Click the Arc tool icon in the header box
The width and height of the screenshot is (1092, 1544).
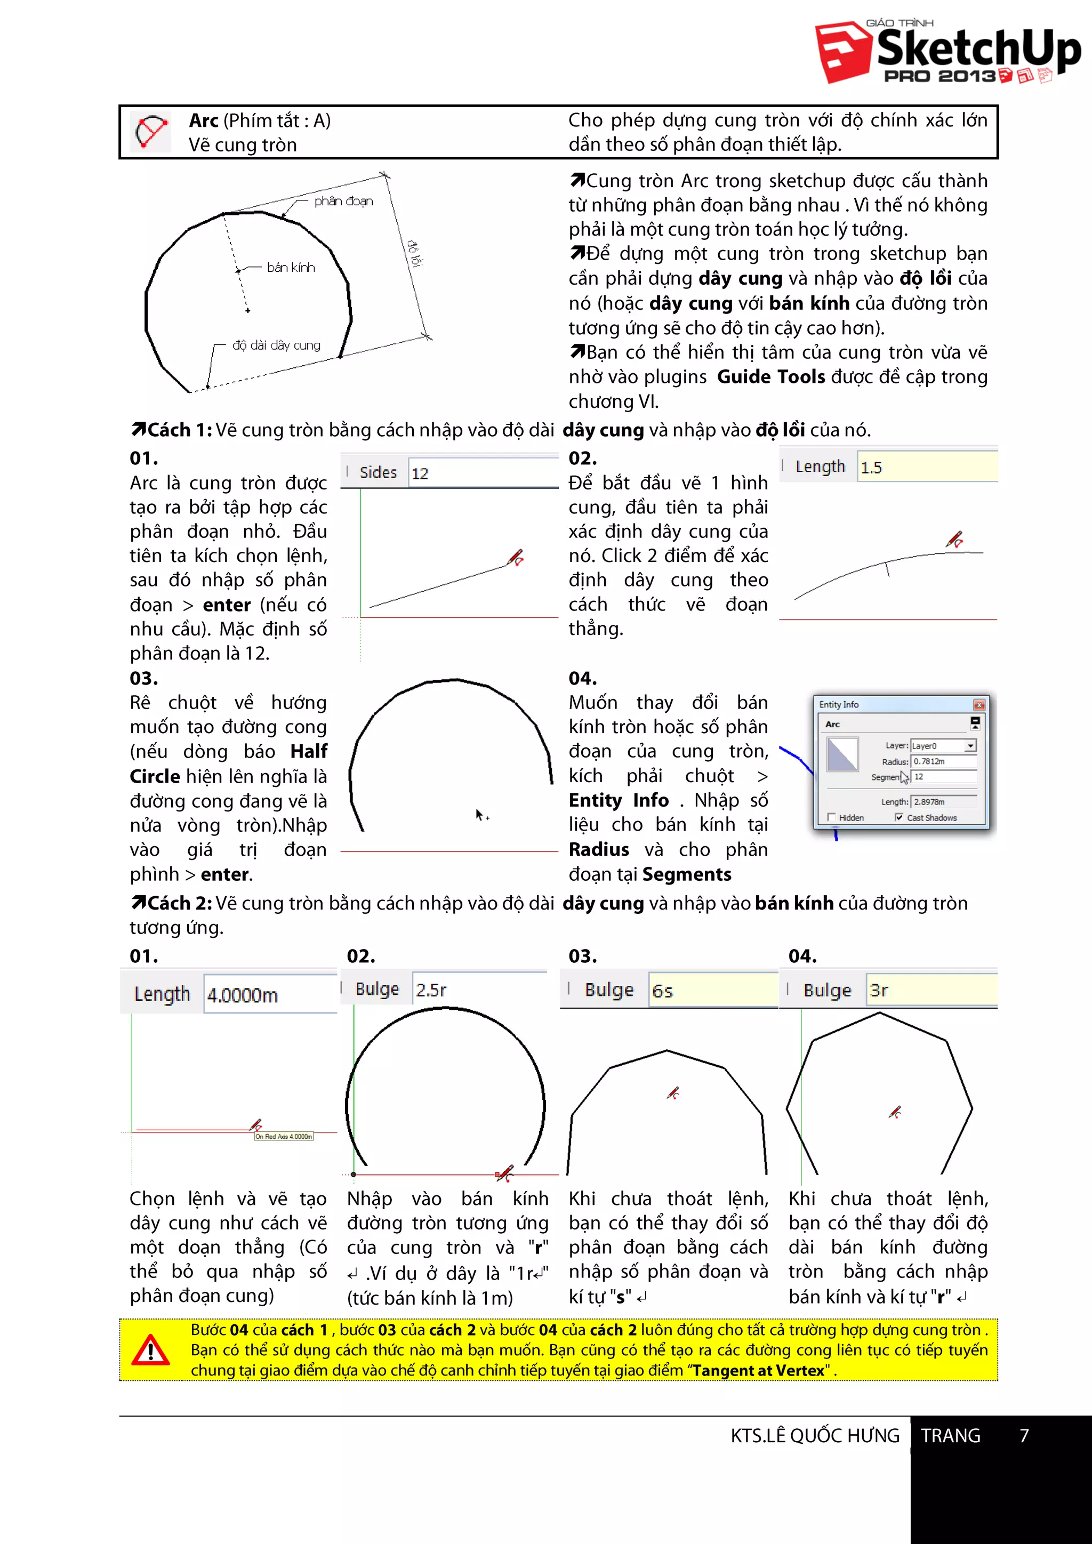pyautogui.click(x=150, y=131)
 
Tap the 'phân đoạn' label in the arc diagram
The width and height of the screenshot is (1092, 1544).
pyautogui.click(x=343, y=201)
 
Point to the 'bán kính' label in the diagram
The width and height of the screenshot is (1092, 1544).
pyautogui.click(x=291, y=268)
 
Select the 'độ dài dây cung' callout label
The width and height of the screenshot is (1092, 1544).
pyautogui.click(x=276, y=345)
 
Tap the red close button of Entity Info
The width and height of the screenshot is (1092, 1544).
pyautogui.click(x=978, y=705)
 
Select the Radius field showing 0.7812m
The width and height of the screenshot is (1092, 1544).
pyautogui.click(x=943, y=761)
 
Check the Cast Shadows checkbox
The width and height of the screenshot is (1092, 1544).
pyautogui.click(x=899, y=817)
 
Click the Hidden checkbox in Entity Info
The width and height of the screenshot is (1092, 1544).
pyautogui.click(x=831, y=817)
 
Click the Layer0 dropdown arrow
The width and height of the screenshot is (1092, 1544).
pyautogui.click(x=969, y=746)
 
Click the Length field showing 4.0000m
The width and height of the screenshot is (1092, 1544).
pyautogui.click(x=269, y=994)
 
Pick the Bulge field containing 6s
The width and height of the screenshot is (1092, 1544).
pyautogui.click(x=711, y=991)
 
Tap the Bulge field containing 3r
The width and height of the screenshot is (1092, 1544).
pyautogui.click(x=930, y=991)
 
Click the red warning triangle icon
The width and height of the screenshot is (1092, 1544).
pyautogui.click(x=150, y=1350)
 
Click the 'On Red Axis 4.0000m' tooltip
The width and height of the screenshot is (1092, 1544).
pyautogui.click(x=284, y=1137)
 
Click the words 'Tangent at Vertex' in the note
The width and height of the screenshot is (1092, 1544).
pyautogui.click(x=759, y=1371)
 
